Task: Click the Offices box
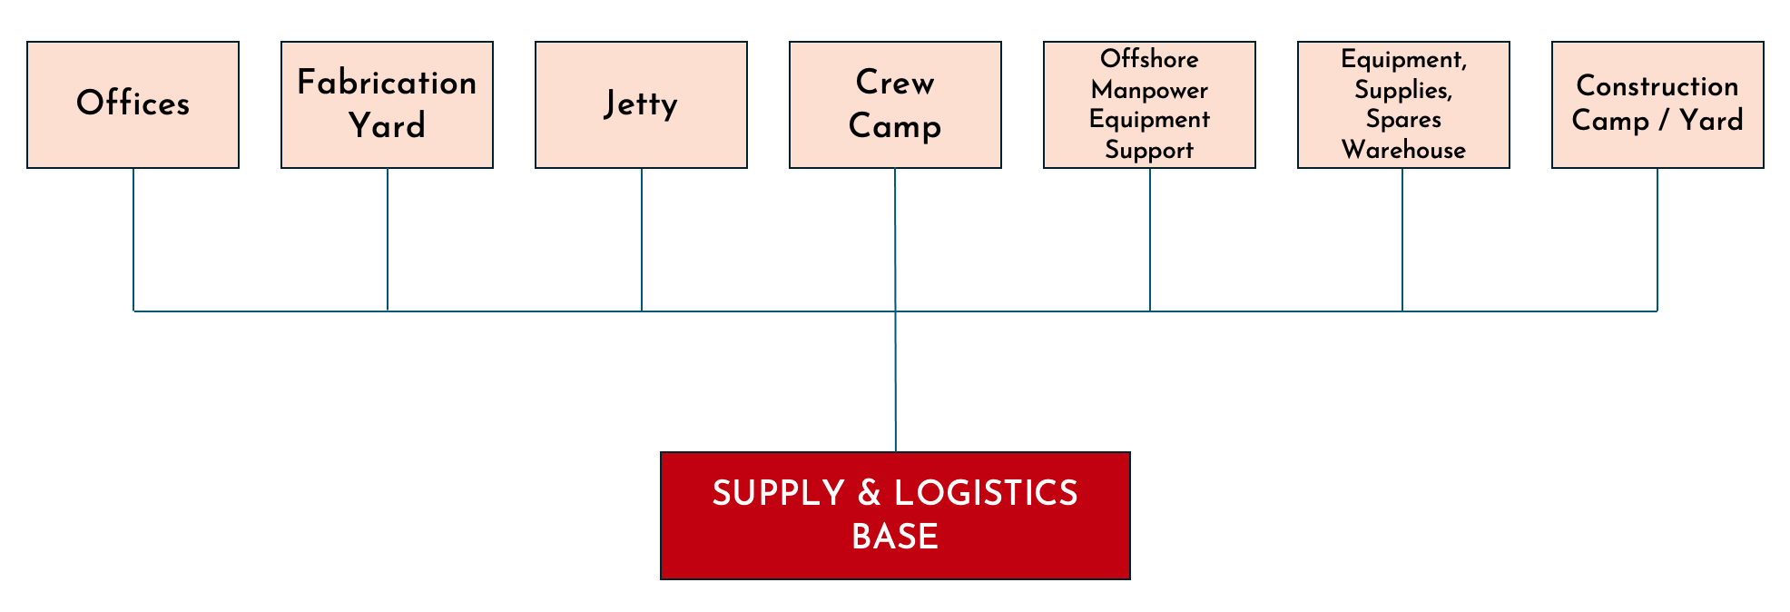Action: pyautogui.click(x=133, y=104)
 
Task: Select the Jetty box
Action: pyautogui.click(x=641, y=104)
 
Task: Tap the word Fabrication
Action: pyautogui.click(x=387, y=83)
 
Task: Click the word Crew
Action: pyautogui.click(x=895, y=83)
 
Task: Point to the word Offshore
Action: pyautogui.click(x=1149, y=59)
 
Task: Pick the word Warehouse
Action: pyautogui.click(x=1403, y=150)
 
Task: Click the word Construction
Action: pyautogui.click(x=1657, y=86)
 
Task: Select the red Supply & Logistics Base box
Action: pyautogui.click(x=895, y=516)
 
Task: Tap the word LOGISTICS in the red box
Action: pyautogui.click(x=986, y=493)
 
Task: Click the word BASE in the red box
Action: pyautogui.click(x=895, y=537)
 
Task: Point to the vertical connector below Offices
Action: pyautogui.click(x=133, y=240)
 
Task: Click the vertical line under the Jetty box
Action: pyautogui.click(x=642, y=240)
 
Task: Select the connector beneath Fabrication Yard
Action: pyautogui.click(x=388, y=240)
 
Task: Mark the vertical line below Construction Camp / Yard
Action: pyautogui.click(x=1657, y=240)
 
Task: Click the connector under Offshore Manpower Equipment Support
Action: pyautogui.click(x=1150, y=240)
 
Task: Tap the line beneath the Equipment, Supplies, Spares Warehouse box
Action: pyautogui.click(x=1402, y=240)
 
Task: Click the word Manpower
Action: pyautogui.click(x=1149, y=90)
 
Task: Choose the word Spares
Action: pyautogui.click(x=1403, y=120)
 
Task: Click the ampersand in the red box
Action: pyautogui.click(x=870, y=493)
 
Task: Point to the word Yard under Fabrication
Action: pyautogui.click(x=387, y=125)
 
